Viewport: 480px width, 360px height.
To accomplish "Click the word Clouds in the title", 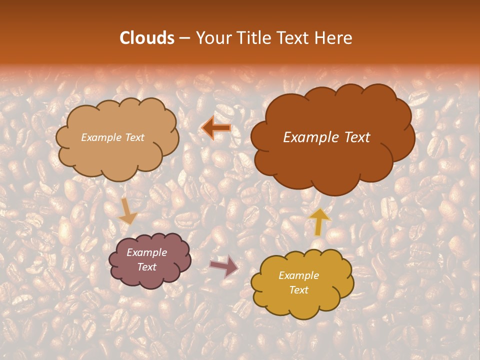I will [147, 38].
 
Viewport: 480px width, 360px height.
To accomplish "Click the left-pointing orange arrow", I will [216, 128].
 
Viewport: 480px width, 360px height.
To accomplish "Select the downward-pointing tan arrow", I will [127, 211].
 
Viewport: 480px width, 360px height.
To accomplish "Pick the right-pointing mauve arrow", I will [224, 266].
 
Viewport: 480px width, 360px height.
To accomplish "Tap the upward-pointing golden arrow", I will [319, 221].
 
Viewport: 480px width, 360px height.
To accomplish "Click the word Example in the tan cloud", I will [100, 137].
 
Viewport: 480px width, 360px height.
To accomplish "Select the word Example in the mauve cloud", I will [146, 252].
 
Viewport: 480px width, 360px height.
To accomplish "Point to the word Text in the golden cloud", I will [298, 290].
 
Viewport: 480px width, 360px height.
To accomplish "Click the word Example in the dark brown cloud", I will [309, 137].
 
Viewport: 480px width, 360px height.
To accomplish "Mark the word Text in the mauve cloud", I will [146, 267].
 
